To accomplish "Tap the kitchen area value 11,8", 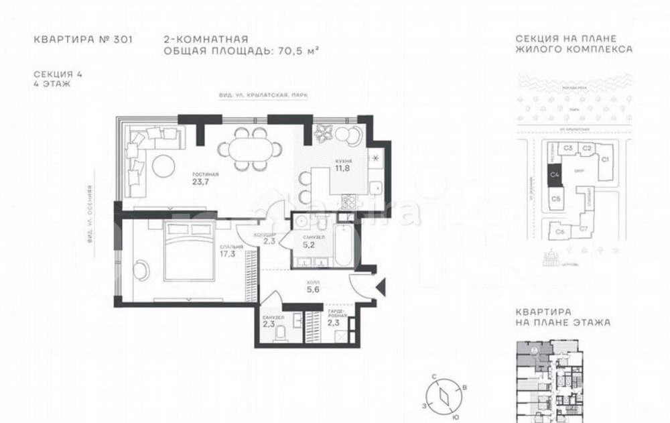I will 343,169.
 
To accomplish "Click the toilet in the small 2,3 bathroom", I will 281,331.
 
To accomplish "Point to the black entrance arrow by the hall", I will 381,288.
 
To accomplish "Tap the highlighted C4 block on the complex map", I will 554,175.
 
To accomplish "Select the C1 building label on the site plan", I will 604,159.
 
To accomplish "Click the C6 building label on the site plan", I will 559,231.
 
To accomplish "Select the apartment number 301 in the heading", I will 123,39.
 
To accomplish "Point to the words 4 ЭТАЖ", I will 52,84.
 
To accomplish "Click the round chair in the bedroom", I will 143,269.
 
